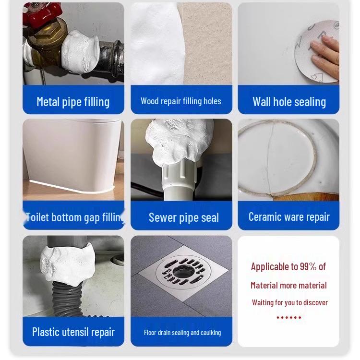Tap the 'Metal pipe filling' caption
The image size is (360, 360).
[x=73, y=102]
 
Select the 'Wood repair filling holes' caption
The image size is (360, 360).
[x=181, y=101]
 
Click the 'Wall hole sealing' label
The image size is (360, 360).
[x=289, y=102]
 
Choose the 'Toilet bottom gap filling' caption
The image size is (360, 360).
[x=73, y=217]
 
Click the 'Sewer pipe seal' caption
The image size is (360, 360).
[x=183, y=217]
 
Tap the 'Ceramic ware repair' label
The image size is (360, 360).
[x=289, y=217]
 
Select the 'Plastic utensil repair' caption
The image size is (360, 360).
[x=73, y=332]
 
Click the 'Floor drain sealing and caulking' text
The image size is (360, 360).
[x=182, y=333]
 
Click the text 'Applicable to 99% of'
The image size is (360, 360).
[x=288, y=267]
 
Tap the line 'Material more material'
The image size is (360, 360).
[x=288, y=286]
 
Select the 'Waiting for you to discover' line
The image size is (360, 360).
[x=289, y=302]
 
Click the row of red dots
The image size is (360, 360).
[x=288, y=317]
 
